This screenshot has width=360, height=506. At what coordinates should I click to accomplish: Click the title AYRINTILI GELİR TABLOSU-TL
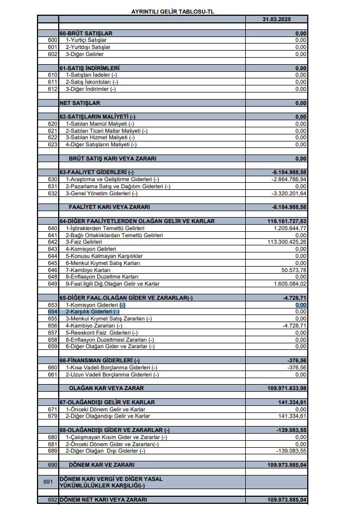[x=180, y=11]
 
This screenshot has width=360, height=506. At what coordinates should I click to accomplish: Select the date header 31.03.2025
[x=276, y=19]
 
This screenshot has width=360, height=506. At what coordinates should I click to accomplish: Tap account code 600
[x=53, y=40]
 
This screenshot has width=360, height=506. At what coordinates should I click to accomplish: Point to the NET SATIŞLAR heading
[x=80, y=103]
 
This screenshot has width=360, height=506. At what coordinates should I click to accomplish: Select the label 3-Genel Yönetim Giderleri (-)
[x=102, y=193]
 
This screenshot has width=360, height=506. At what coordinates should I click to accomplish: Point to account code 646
[x=53, y=270]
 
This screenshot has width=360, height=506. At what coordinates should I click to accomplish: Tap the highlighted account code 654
[x=53, y=312]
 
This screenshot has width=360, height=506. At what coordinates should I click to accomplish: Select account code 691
[x=48, y=482]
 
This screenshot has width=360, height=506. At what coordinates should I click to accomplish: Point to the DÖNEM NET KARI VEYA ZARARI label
[x=103, y=499]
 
